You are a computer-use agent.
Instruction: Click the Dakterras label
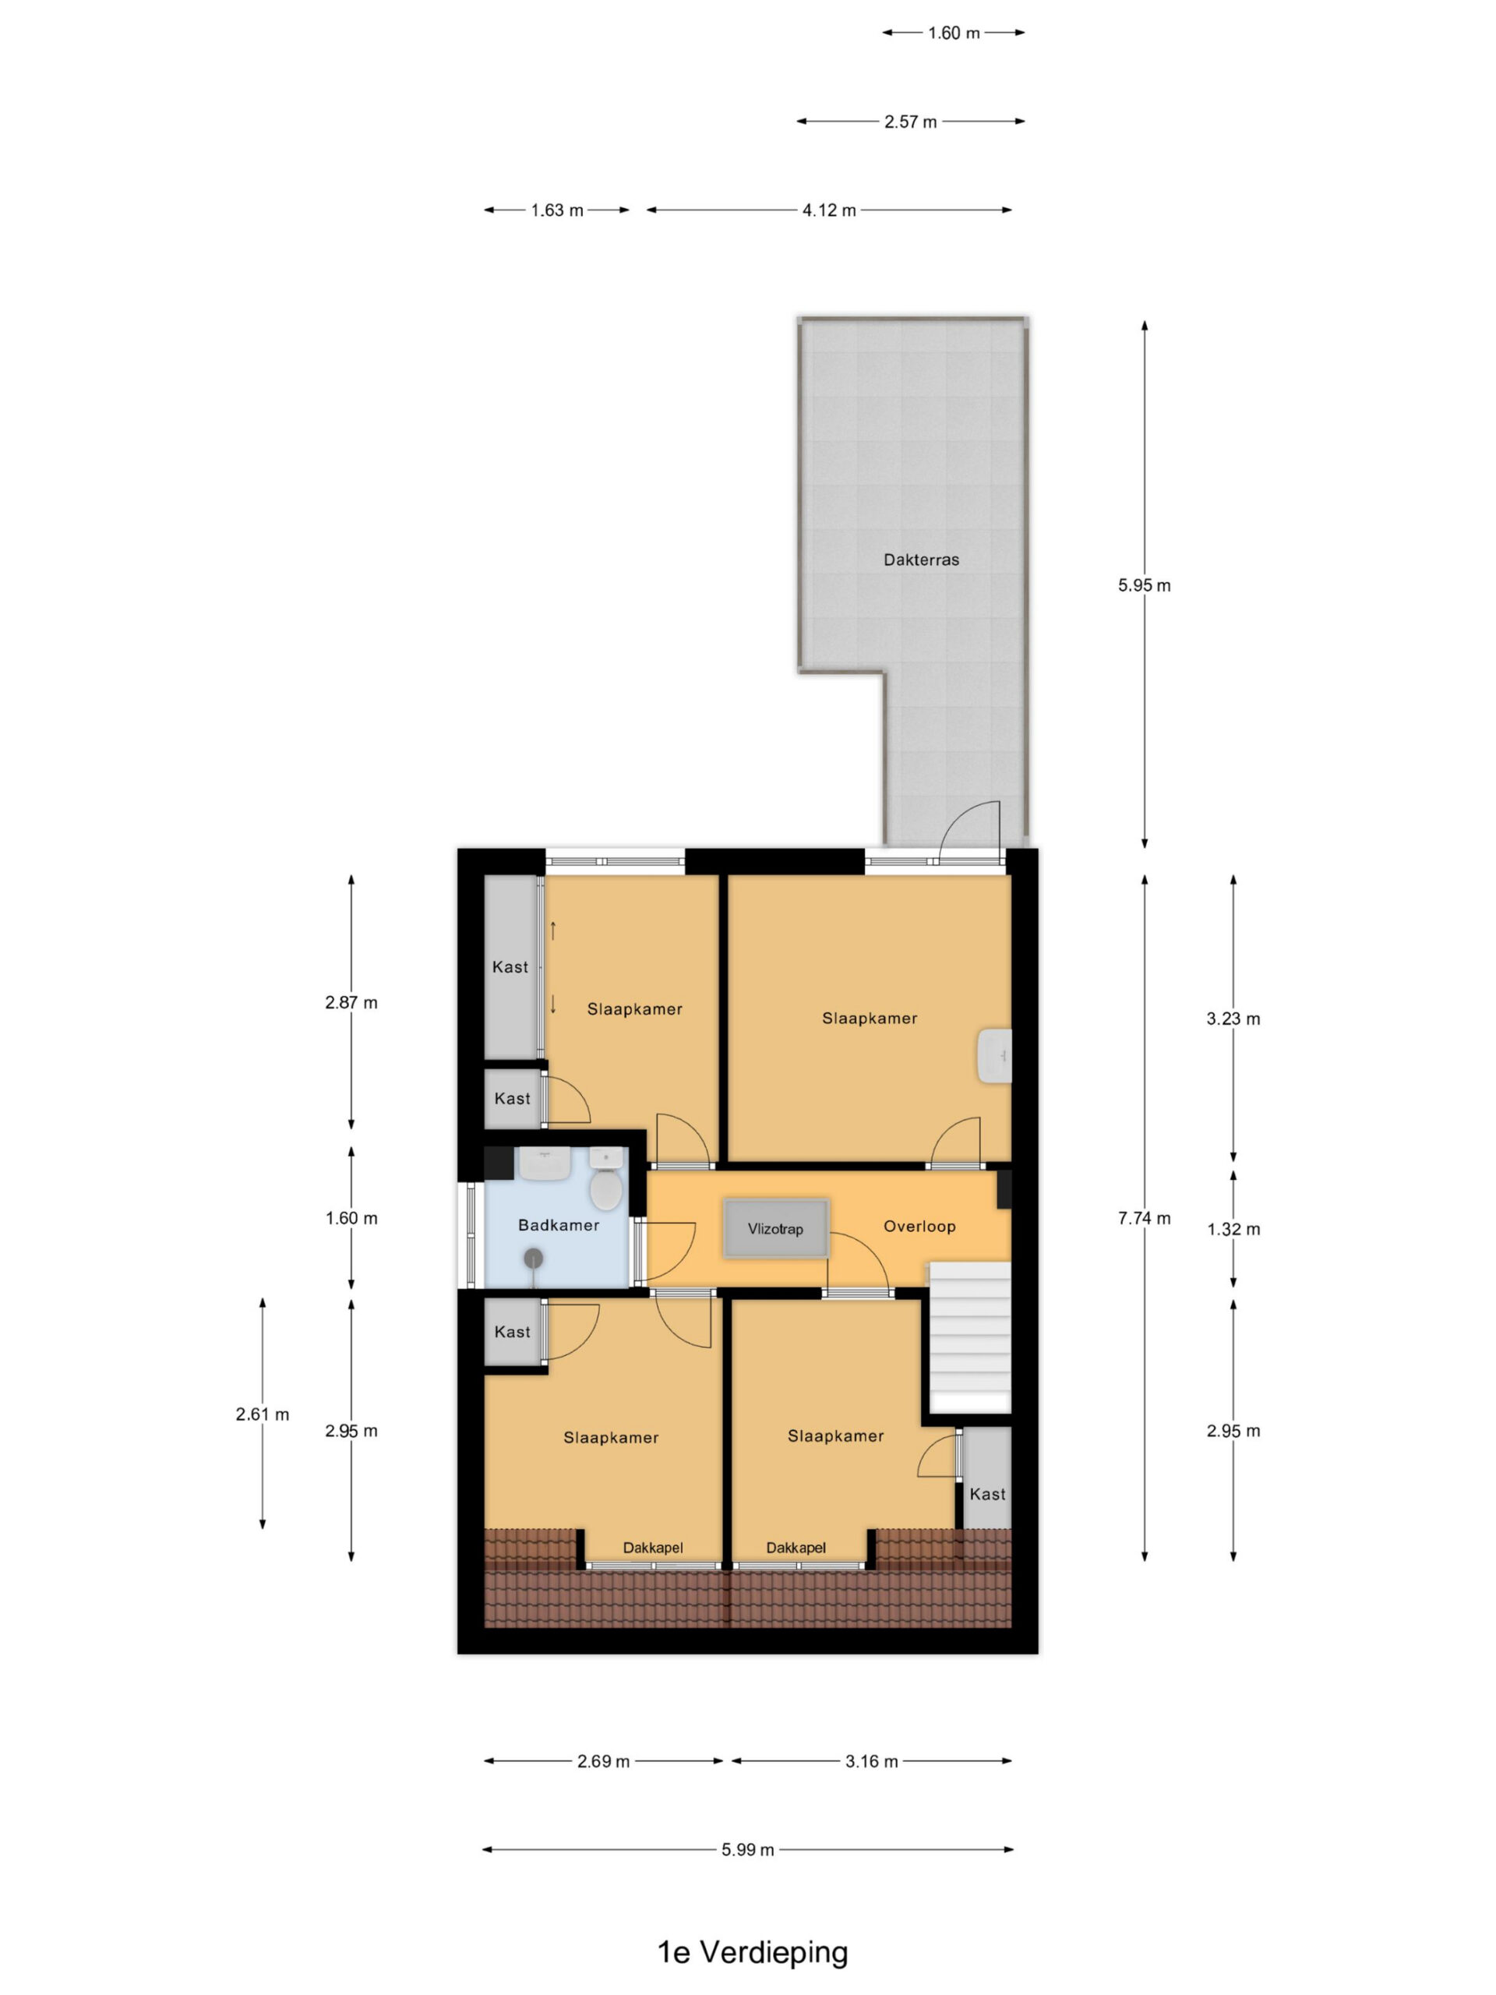coord(921,560)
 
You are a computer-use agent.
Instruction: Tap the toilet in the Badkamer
coord(606,1178)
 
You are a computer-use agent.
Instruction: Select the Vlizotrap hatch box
coord(775,1227)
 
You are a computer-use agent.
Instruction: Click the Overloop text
coord(919,1226)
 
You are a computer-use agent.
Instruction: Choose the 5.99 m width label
coord(747,1850)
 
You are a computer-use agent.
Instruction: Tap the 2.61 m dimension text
coord(263,1414)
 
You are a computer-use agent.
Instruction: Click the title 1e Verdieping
coord(752,1951)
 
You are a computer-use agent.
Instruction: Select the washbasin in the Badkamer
coord(544,1163)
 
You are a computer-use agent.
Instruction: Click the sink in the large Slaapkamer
coord(995,1056)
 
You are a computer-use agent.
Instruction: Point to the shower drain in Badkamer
coord(534,1257)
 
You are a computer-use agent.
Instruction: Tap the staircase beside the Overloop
coord(969,1337)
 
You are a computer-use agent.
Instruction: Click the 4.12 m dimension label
coord(829,210)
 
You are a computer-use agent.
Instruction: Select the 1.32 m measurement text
coord(1233,1229)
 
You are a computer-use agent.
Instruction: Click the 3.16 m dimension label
coord(871,1761)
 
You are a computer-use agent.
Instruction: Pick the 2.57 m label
coord(910,122)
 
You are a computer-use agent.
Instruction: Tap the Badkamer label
coord(558,1225)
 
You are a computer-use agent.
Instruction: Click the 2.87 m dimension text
coord(351,1002)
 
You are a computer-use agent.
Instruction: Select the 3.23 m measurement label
coord(1233,1019)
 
